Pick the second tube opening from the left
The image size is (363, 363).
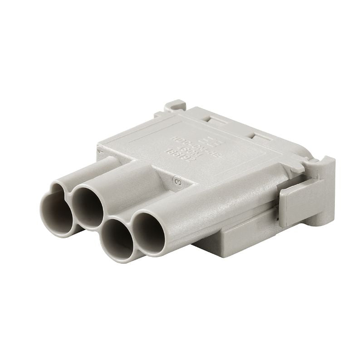[89, 206]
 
